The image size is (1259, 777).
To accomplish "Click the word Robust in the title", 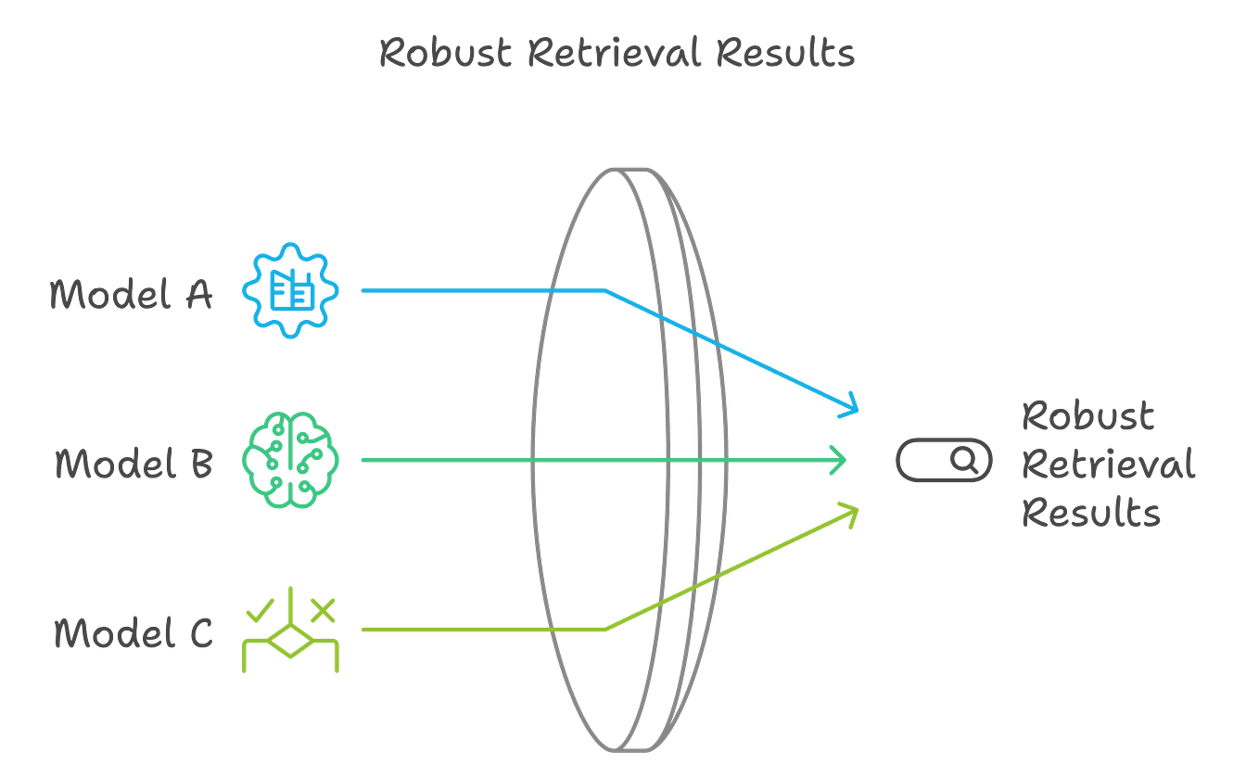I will (x=445, y=53).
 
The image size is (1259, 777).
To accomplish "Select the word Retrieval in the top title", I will (x=615, y=53).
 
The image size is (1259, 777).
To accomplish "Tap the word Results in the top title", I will (x=785, y=53).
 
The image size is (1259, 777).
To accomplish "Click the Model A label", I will (x=131, y=295).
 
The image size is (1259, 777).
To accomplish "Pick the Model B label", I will (x=134, y=463).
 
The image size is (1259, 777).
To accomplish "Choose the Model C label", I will (x=134, y=633).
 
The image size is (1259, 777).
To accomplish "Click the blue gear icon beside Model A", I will (x=290, y=290).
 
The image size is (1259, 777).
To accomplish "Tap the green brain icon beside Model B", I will (x=290, y=461).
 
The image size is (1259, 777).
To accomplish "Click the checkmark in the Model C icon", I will (x=260, y=610).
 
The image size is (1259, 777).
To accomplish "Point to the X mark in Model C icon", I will (x=322, y=609).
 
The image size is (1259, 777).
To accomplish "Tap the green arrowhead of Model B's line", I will (x=840, y=460).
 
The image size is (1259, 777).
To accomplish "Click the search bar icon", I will (x=944, y=460).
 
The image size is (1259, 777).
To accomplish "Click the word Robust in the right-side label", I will (x=1087, y=415).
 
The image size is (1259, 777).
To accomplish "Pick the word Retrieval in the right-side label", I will (x=1108, y=464).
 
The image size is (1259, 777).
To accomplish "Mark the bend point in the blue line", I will (x=605, y=290).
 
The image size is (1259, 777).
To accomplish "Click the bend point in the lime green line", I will (x=605, y=630).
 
